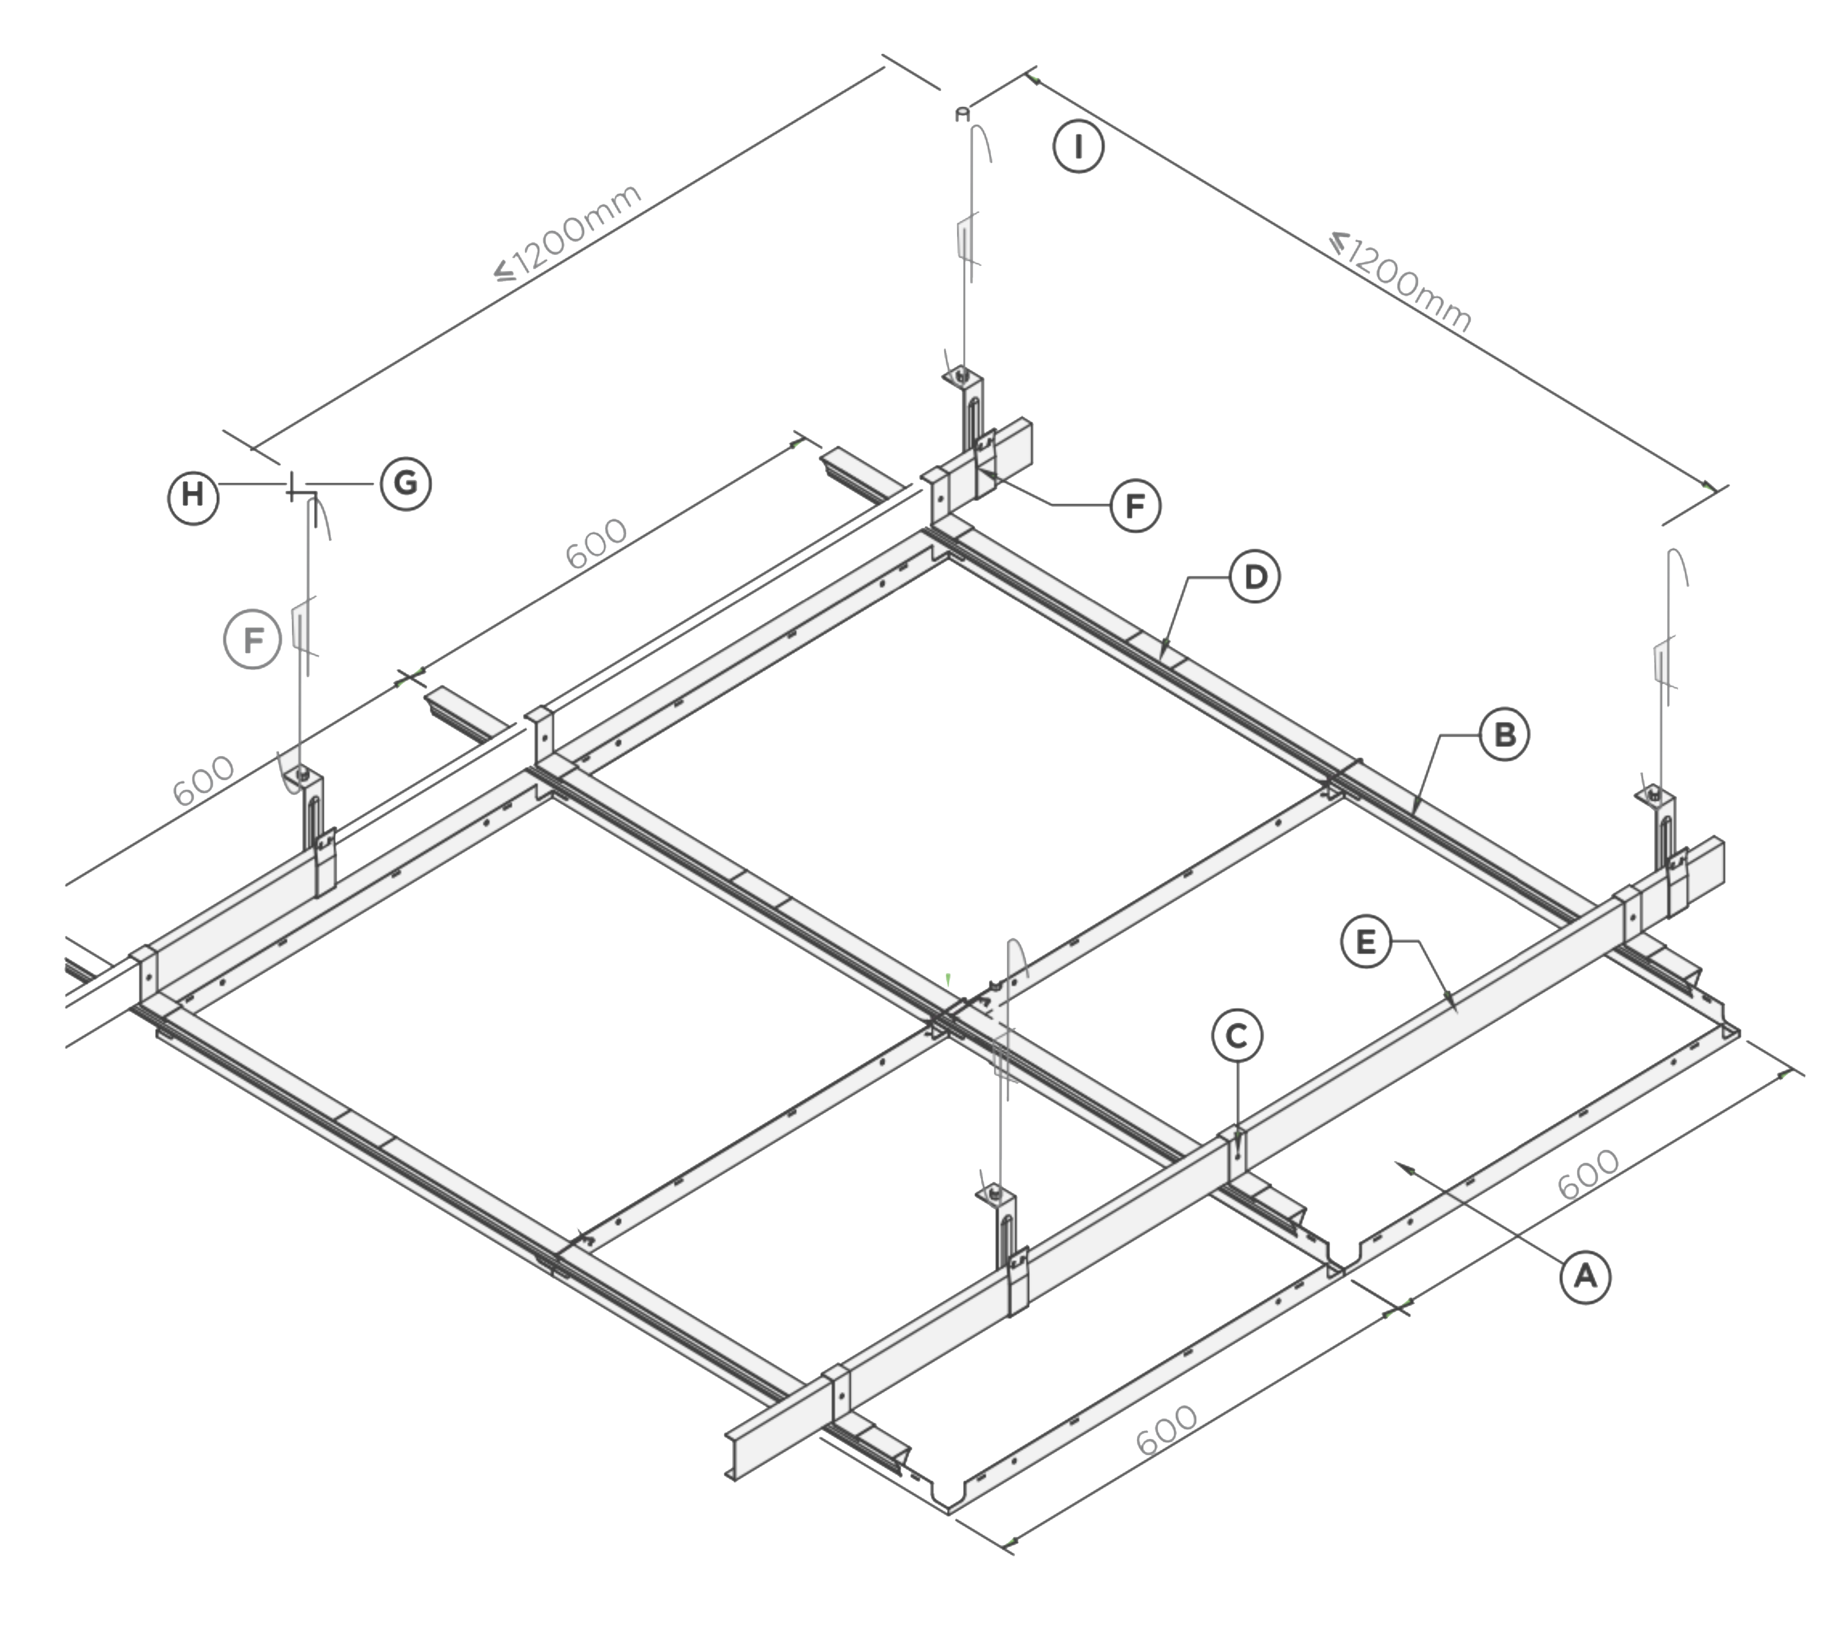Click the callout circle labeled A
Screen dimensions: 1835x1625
click(x=1585, y=1276)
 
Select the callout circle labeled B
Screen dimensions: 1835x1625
click(x=1505, y=734)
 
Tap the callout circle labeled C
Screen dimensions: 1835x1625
click(x=1237, y=1036)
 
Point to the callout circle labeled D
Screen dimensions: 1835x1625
click(x=1255, y=577)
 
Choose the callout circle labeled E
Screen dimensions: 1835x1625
click(x=1365, y=942)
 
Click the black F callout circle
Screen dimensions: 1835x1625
click(x=1136, y=507)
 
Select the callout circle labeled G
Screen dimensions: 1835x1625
click(x=406, y=484)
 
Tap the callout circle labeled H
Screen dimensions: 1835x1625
click(x=193, y=495)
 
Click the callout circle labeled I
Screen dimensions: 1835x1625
click(x=1078, y=146)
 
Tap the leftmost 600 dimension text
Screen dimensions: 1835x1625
click(x=204, y=781)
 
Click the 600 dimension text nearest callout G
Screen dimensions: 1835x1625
click(x=597, y=543)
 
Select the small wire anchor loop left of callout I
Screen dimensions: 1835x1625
click(x=962, y=114)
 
